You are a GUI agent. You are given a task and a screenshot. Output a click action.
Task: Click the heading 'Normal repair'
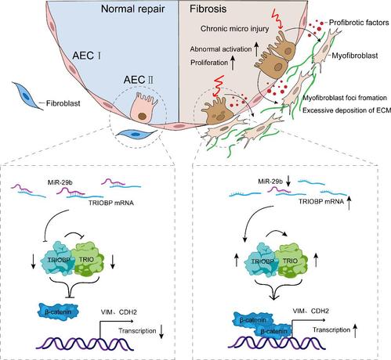pyautogui.click(x=132, y=9)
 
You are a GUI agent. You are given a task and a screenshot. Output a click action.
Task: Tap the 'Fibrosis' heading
pyautogui.click(x=208, y=9)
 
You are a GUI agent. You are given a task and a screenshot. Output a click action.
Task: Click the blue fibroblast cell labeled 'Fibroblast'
pyautogui.click(x=27, y=95)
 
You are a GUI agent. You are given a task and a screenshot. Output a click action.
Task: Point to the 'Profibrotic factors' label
pyautogui.click(x=359, y=23)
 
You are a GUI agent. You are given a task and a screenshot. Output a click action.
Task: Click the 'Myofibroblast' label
pyautogui.click(x=355, y=56)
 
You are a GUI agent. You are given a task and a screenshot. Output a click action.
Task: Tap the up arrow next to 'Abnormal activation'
pyautogui.click(x=256, y=49)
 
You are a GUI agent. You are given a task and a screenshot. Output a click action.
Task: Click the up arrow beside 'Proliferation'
pyautogui.click(x=232, y=63)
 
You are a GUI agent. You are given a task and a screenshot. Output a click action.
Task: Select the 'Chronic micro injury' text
pyautogui.click(x=234, y=28)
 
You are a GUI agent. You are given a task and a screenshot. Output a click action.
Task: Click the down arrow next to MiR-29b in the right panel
pyautogui.click(x=288, y=181)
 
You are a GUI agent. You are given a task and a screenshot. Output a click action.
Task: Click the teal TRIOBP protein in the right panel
pyautogui.click(x=262, y=261)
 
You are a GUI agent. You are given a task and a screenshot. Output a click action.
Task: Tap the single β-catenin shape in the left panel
pyautogui.click(x=58, y=311)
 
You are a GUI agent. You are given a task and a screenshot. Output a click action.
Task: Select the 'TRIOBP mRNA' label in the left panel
pyautogui.click(x=111, y=203)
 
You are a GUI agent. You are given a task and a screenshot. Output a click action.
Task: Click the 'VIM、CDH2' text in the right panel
pyautogui.click(x=310, y=311)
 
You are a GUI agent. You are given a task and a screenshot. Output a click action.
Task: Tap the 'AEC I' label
pyautogui.click(x=87, y=56)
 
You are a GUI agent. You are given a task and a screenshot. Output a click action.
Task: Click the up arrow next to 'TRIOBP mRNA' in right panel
pyautogui.click(x=349, y=203)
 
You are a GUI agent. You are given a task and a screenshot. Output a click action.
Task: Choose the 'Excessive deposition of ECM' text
pyautogui.click(x=346, y=110)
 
